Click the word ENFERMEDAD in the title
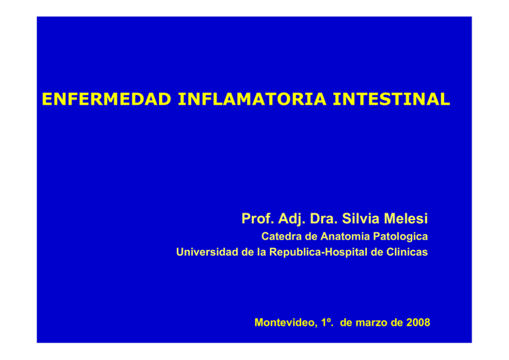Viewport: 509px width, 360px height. [107, 99]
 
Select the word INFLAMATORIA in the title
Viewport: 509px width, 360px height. [252, 99]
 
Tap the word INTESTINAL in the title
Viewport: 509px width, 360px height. [391, 99]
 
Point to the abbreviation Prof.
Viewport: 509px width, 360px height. [258, 218]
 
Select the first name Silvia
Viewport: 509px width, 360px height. [361, 218]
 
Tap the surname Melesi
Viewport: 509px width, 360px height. [406, 218]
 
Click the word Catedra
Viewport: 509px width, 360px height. [282, 236]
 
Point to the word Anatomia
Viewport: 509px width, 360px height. [345, 236]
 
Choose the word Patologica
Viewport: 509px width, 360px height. [400, 237]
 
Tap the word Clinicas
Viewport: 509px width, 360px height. [407, 252]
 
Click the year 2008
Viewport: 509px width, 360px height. [418, 323]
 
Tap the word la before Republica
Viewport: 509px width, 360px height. [262, 252]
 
